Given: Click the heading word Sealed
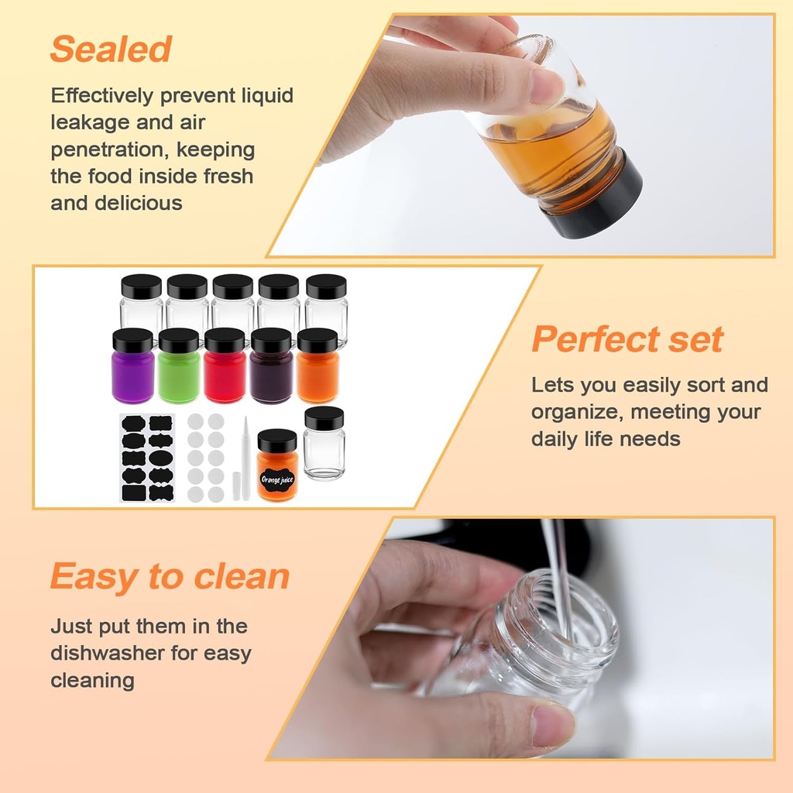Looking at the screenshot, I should pyautogui.click(x=111, y=50).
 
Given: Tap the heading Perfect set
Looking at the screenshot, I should pyautogui.click(x=627, y=340).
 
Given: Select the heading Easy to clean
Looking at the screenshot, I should pyautogui.click(x=170, y=577).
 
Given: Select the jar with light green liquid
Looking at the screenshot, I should pyautogui.click(x=179, y=376).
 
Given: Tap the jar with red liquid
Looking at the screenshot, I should pyautogui.click(x=225, y=376).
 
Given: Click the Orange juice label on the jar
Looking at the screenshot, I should pyautogui.click(x=277, y=480).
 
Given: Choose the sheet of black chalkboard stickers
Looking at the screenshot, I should pyautogui.click(x=146, y=458).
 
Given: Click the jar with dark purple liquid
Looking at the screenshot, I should pyautogui.click(x=271, y=376).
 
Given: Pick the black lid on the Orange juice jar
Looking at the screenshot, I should pyautogui.click(x=277, y=441).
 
